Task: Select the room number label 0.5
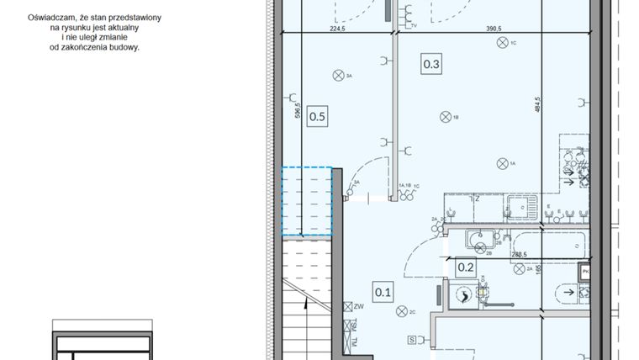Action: coord(317,117)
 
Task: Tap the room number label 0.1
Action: coord(383,292)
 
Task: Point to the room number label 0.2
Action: coord(467,267)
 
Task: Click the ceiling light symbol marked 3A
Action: coord(338,76)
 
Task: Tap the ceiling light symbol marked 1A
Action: coord(502,162)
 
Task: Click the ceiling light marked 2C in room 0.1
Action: coord(402,311)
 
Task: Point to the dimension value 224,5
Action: coord(337,28)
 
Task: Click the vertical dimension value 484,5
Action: coord(536,107)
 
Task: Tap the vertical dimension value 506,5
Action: coord(298,114)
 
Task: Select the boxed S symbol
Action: coord(412,340)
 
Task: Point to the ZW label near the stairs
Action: coord(357,307)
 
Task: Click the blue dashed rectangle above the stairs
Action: coord(306,201)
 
